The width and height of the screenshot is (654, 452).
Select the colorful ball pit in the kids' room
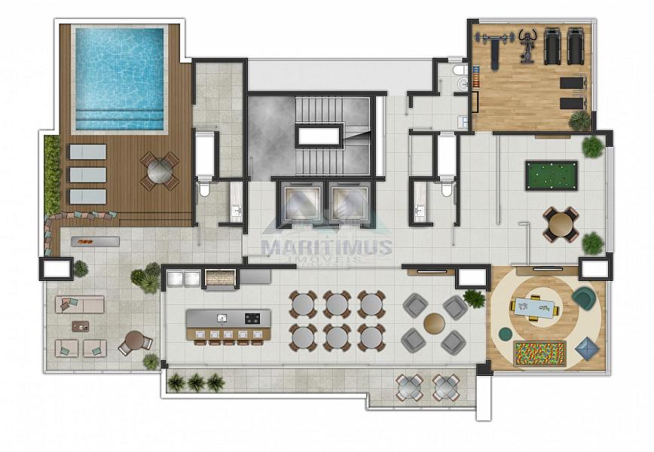tap(539, 353)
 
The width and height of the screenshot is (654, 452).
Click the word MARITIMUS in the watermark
tap(326, 246)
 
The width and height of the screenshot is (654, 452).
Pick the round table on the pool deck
tap(160, 171)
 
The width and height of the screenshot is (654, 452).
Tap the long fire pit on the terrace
tap(95, 241)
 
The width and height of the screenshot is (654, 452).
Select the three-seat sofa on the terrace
tap(79, 304)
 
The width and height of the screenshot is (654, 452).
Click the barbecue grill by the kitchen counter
tap(222, 278)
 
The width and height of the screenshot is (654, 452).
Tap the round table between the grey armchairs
tap(434, 324)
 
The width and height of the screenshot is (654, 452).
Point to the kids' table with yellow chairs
tap(536, 308)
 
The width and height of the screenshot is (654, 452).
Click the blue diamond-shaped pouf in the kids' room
tap(587, 348)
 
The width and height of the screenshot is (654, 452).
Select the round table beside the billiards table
tap(561, 224)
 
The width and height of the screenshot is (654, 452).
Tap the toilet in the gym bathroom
tap(460, 70)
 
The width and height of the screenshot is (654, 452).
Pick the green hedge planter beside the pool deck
tap(52, 176)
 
